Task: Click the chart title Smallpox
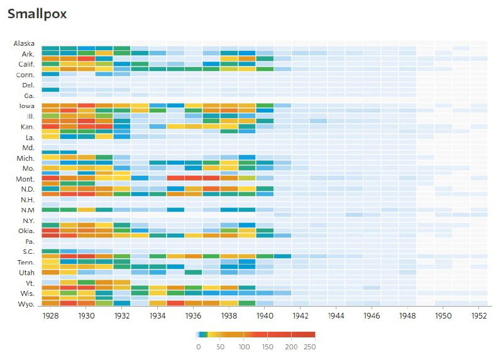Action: [37, 13]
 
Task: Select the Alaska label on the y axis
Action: [25, 43]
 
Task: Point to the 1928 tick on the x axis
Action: [50, 316]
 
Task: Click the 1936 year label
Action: [193, 316]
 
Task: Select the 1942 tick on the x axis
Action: [301, 316]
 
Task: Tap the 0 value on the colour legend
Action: [198, 346]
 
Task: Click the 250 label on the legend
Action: [310, 346]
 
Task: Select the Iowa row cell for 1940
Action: [265, 106]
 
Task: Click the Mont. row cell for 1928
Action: [50, 178]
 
